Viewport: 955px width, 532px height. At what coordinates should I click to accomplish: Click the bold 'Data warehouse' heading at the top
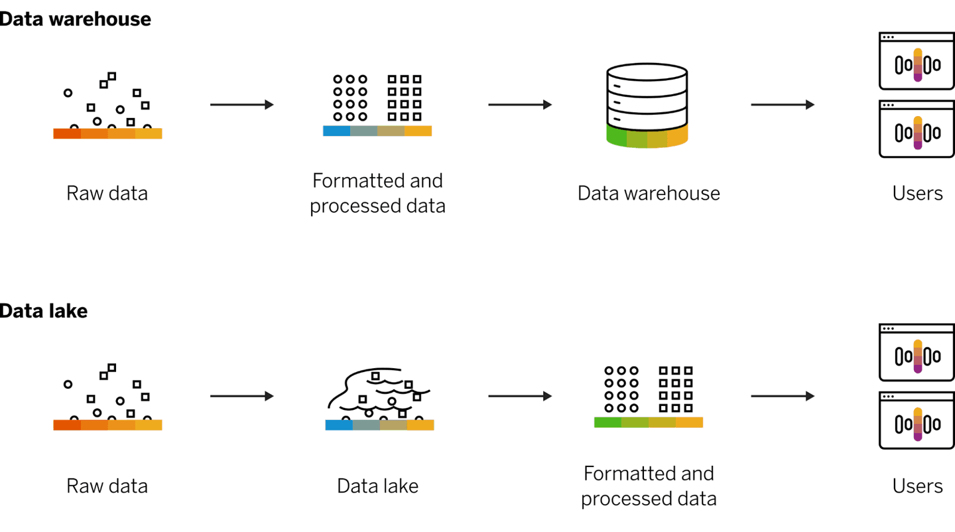[x=75, y=19]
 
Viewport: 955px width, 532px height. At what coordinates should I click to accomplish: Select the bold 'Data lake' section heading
[x=44, y=310]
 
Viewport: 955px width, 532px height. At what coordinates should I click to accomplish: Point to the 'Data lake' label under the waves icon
[x=377, y=486]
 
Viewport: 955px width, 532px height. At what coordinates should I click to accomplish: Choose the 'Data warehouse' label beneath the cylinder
[x=648, y=193]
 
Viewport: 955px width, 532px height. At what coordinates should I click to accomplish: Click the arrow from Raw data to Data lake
[x=242, y=396]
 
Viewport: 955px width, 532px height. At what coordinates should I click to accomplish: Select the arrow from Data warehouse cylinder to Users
[x=783, y=104]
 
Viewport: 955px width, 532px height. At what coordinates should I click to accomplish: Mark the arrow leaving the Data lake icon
[x=520, y=396]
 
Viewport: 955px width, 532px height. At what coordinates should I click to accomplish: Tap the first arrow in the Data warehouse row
[x=242, y=104]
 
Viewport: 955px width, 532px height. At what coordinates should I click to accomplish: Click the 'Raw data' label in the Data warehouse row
[x=107, y=193]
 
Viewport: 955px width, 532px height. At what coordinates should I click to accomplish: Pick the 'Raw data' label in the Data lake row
[x=107, y=486]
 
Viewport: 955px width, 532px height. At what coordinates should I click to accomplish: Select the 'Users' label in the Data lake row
[x=917, y=486]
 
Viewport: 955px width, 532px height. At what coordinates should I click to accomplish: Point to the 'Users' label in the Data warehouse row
[x=917, y=193]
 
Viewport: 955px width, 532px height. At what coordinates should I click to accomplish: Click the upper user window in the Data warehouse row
[x=917, y=61]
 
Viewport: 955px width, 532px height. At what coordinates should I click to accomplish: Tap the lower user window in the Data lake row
[x=917, y=421]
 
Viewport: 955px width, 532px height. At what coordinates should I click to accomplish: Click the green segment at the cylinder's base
[x=616, y=135]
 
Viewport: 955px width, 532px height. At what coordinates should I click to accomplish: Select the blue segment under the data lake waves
[x=338, y=425]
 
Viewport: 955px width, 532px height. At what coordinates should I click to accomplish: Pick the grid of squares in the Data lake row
[x=675, y=389]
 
